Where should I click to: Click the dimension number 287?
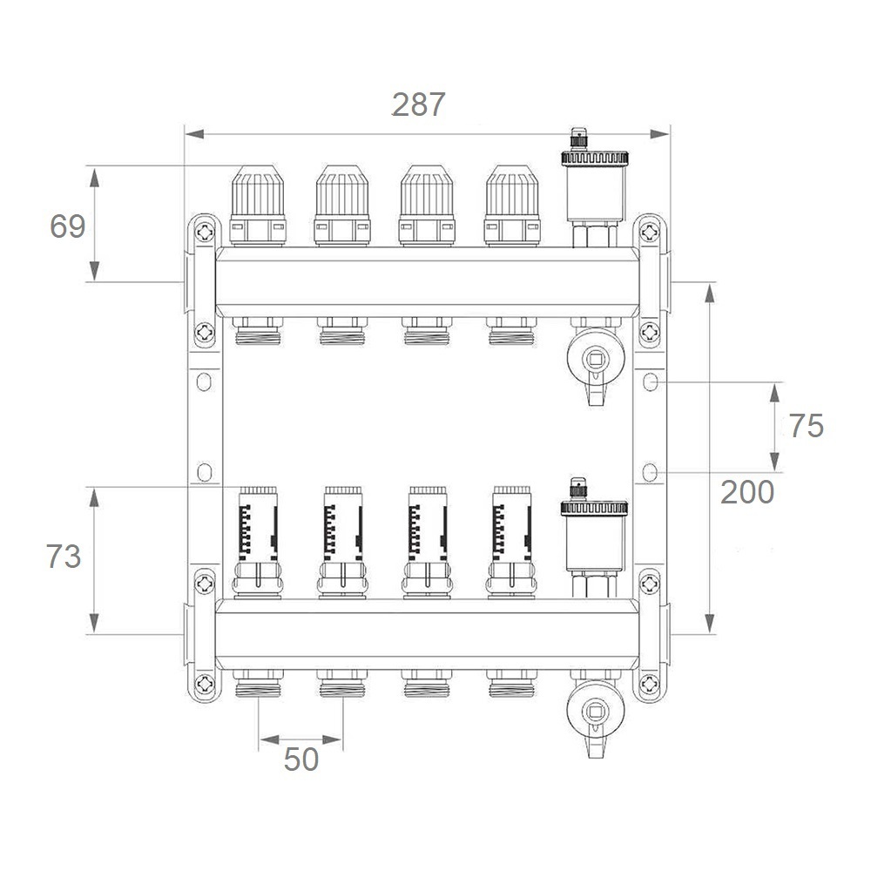click(418, 105)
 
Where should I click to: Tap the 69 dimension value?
click(68, 226)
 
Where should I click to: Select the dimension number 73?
click(64, 556)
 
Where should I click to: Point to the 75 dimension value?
click(806, 426)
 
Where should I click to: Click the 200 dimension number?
click(747, 492)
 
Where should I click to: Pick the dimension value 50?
click(301, 759)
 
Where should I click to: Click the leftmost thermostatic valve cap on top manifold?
click(258, 205)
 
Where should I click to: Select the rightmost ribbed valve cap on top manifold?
click(512, 205)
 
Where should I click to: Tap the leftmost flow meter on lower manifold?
click(258, 543)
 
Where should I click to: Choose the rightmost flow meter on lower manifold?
click(511, 543)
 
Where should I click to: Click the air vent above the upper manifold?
click(594, 188)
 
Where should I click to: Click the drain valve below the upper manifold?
click(596, 361)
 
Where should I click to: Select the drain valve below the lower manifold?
click(596, 714)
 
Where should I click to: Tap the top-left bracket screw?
click(205, 232)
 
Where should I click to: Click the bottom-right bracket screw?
click(650, 685)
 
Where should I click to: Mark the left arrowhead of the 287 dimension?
click(194, 134)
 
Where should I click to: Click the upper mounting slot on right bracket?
click(650, 382)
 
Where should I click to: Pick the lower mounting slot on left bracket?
click(205, 472)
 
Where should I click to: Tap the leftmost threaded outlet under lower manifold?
click(258, 684)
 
